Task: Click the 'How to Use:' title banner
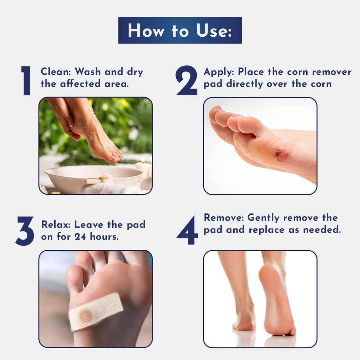click(x=180, y=30)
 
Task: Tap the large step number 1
click(x=26, y=81)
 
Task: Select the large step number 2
click(x=186, y=81)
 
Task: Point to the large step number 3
click(x=25, y=231)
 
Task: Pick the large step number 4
click(x=187, y=230)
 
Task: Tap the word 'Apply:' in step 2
click(x=219, y=72)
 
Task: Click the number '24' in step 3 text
click(x=80, y=236)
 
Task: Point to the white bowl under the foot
click(x=93, y=178)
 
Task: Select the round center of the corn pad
click(x=86, y=315)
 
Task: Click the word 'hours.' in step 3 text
click(x=104, y=236)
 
